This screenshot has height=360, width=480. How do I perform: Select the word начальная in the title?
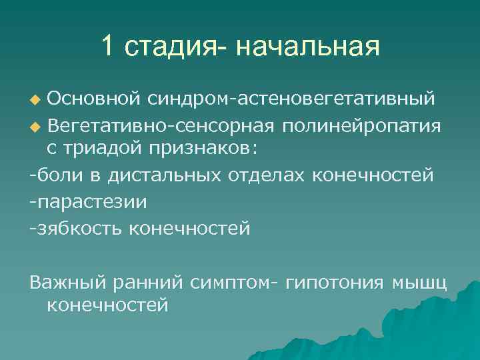pyautogui.click(x=307, y=47)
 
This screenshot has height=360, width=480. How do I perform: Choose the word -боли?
pyautogui.click(x=53, y=175)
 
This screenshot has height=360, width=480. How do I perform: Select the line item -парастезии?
pyautogui.click(x=89, y=201)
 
